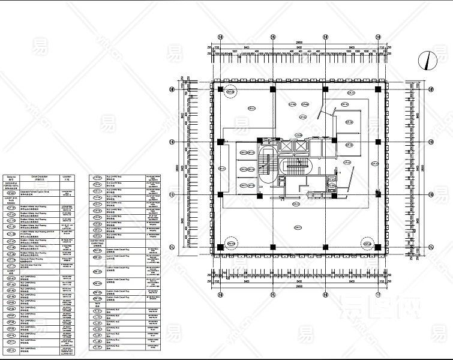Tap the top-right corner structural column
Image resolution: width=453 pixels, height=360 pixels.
(378, 89)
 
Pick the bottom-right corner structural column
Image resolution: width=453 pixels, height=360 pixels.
(378, 247)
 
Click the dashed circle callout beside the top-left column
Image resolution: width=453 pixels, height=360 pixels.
(231, 92)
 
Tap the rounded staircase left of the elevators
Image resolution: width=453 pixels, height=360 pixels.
(266, 165)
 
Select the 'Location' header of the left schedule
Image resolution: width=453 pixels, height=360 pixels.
(67, 178)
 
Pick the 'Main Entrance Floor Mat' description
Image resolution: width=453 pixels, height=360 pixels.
(36, 264)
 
